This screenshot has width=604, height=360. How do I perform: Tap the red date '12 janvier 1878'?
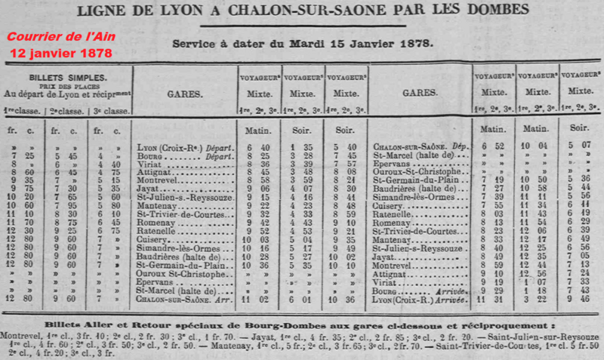[x=61, y=54]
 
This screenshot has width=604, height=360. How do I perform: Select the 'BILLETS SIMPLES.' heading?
[x=67, y=77]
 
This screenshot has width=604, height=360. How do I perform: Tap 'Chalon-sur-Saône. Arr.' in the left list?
[x=183, y=298]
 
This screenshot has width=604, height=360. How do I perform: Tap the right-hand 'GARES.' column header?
[x=420, y=97]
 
